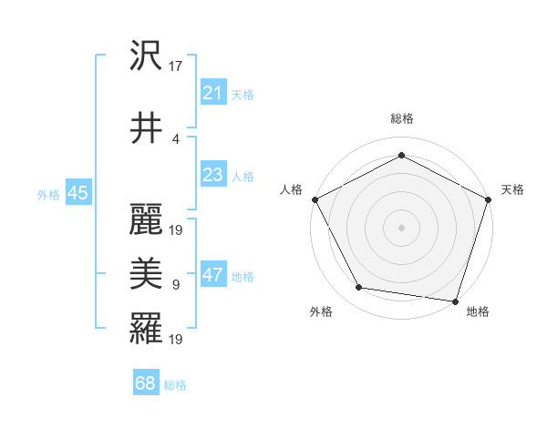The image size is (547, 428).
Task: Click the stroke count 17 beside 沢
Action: pos(176,66)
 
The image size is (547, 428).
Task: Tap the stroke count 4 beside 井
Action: pos(175,138)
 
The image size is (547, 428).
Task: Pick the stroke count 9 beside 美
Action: pos(175,285)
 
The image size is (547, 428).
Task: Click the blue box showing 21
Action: pos(212,93)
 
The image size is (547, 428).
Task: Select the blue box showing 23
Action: pos(212,176)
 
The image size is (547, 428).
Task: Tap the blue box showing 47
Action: pos(212,276)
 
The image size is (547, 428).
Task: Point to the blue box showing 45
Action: pos(77,193)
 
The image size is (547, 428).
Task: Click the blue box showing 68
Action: pos(145,384)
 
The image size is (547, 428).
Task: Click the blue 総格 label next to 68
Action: pos(175,385)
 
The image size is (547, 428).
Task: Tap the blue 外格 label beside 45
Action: pos(48,194)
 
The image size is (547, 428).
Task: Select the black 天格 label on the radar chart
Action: pos(512,189)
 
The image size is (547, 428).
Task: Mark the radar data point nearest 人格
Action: pos(315,199)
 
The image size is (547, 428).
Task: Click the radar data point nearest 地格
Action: pos(455,301)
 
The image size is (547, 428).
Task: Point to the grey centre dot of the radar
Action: pos(401,227)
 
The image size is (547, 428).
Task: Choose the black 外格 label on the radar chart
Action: pos(321,311)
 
